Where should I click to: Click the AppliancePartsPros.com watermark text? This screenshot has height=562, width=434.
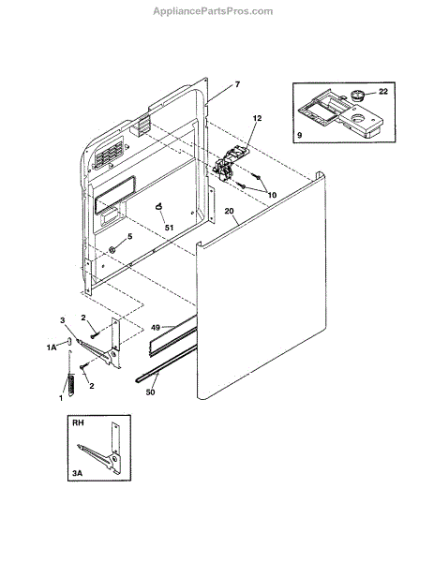tap(213, 11)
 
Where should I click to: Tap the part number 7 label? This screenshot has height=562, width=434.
tap(237, 84)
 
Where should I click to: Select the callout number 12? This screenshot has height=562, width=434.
tap(257, 118)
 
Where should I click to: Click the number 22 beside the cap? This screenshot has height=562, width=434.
tap(383, 92)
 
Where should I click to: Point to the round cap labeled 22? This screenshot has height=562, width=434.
tap(357, 96)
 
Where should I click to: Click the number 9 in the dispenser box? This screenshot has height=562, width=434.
tap(300, 135)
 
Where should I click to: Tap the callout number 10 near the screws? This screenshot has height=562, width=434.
tap(272, 195)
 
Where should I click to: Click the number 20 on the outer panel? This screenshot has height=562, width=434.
tap(229, 211)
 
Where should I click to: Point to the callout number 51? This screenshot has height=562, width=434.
tap(169, 228)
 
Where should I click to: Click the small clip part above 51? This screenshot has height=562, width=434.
tap(159, 206)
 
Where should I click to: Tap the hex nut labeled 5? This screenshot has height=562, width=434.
tap(112, 249)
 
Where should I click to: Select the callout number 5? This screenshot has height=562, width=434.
tap(130, 236)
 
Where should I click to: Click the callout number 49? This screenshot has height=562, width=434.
tap(156, 328)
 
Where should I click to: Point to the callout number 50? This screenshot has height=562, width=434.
tap(150, 392)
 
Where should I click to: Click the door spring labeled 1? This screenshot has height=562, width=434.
tap(70, 375)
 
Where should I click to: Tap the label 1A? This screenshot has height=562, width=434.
tap(52, 348)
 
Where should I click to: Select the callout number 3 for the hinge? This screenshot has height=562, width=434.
tap(63, 320)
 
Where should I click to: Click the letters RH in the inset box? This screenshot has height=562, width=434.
tap(78, 423)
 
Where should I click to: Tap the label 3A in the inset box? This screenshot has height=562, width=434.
tap(77, 473)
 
